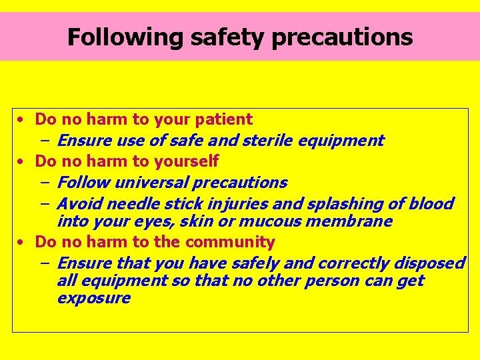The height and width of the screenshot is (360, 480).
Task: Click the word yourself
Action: pyautogui.click(x=186, y=161)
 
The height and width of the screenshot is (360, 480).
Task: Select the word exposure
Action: pyautogui.click(x=94, y=298)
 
